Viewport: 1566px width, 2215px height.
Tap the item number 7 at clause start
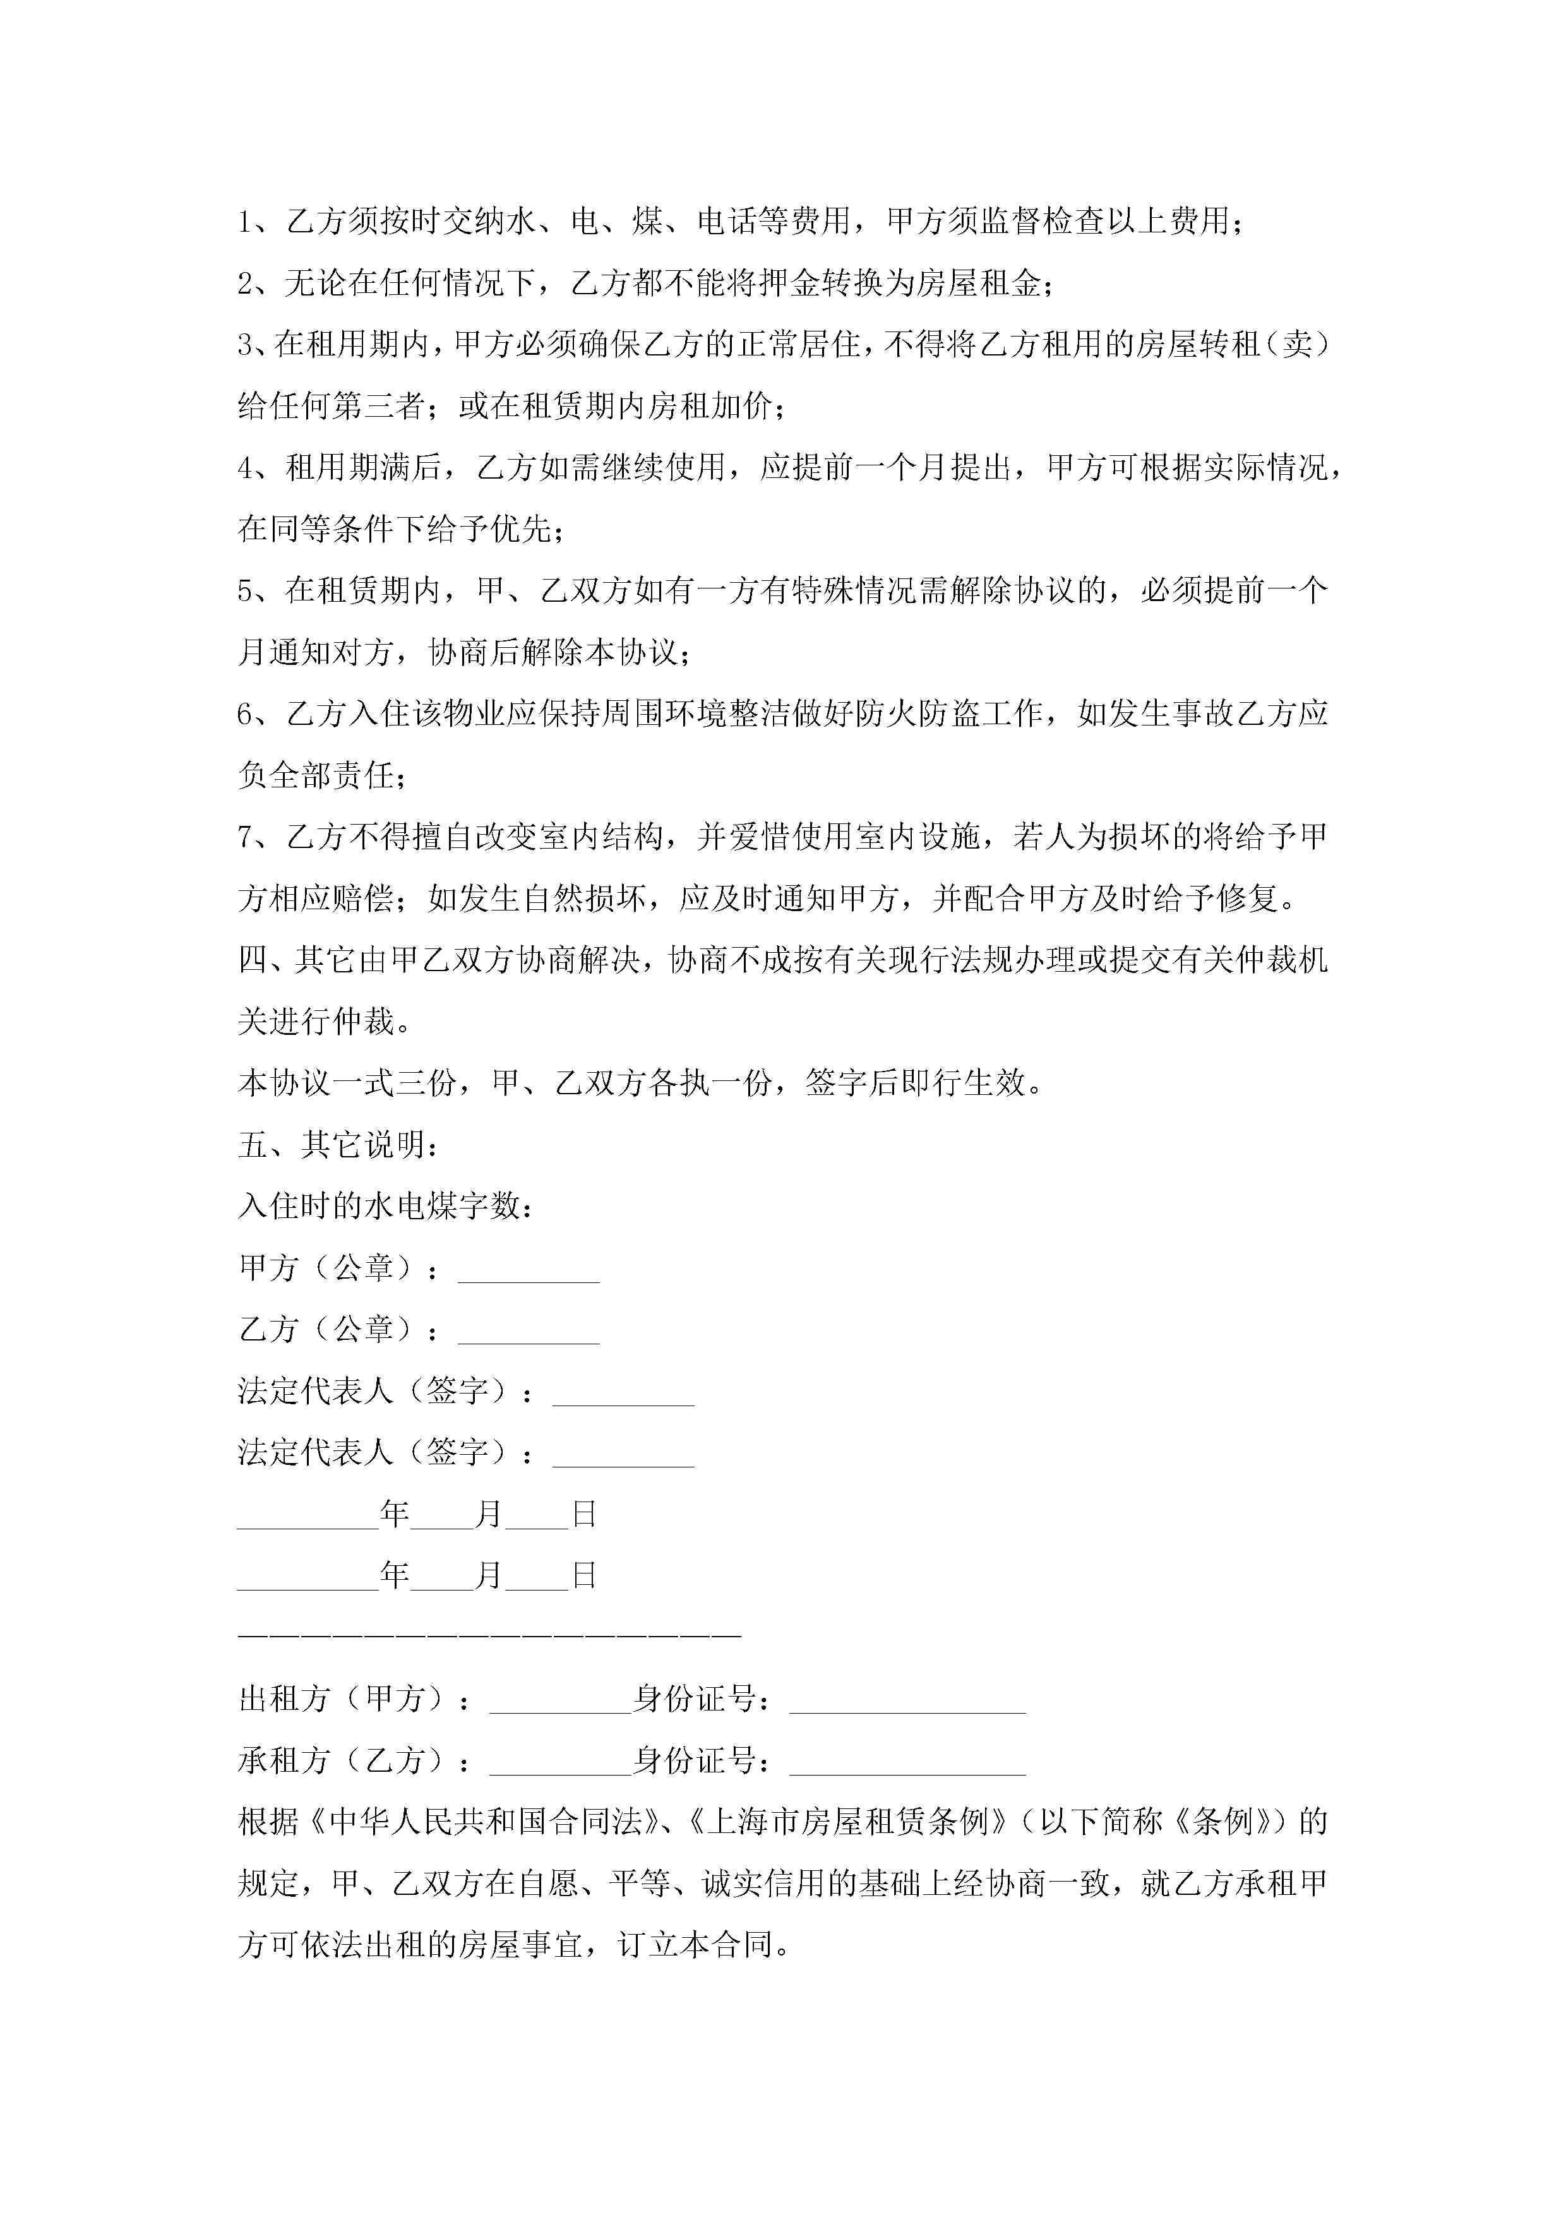(x=246, y=837)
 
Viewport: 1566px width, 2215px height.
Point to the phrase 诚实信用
(x=762, y=1883)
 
